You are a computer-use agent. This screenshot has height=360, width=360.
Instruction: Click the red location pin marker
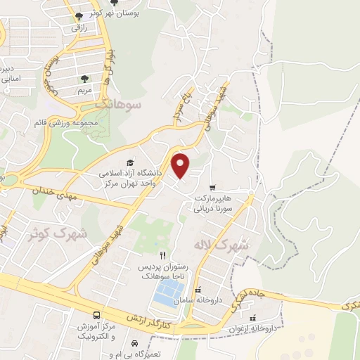(181, 165)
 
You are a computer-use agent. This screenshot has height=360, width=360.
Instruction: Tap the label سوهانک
(120, 104)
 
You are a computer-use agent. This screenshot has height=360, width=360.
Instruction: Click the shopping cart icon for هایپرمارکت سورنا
(212, 187)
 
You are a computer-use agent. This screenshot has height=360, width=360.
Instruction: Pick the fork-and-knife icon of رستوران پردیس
(163, 255)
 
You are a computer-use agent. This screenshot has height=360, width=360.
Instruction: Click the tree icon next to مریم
(85, 79)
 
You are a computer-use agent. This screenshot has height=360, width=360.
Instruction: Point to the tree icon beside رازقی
(77, 15)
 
